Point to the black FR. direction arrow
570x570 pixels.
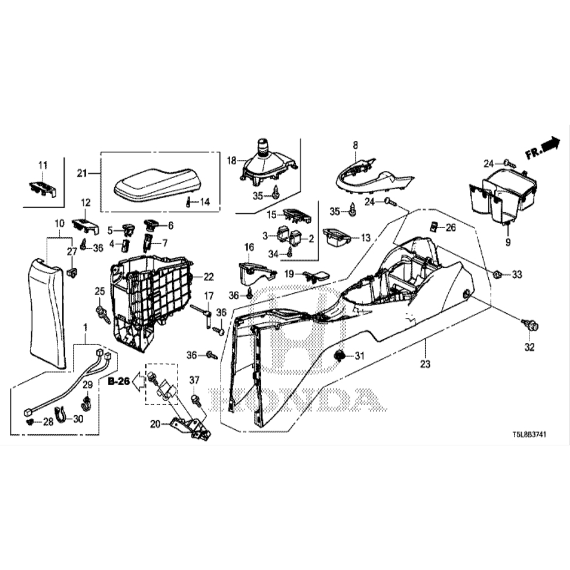(x=551, y=144)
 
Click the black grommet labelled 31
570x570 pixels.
(x=340, y=355)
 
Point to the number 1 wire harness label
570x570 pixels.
(x=85, y=326)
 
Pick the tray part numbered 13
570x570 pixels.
(x=336, y=237)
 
